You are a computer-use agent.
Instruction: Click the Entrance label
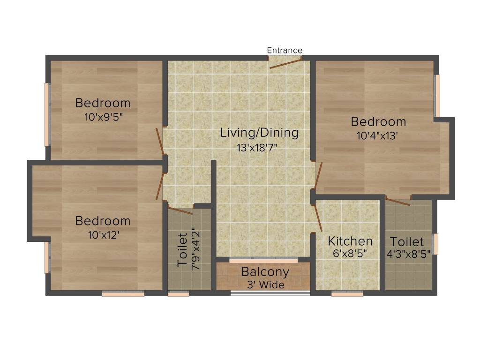(285, 50)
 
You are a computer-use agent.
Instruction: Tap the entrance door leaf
(285, 64)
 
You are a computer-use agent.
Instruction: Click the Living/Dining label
(259, 133)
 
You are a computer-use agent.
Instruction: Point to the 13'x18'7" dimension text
(257, 148)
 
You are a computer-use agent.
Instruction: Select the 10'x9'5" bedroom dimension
(104, 117)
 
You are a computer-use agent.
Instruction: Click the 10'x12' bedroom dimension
(104, 235)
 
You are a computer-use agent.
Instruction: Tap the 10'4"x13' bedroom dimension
(377, 135)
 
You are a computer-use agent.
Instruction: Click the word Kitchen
(350, 241)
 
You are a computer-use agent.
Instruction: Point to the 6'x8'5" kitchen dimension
(350, 254)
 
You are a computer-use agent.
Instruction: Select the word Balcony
(265, 272)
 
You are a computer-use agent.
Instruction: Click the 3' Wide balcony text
(266, 285)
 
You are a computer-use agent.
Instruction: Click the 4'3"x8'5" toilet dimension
(408, 254)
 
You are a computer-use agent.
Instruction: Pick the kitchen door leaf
(317, 217)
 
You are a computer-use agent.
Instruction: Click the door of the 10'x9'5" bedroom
(160, 141)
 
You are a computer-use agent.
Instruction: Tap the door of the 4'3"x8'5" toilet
(397, 202)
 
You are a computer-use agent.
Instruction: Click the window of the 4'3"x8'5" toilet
(435, 244)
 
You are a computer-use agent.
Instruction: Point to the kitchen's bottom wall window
(347, 294)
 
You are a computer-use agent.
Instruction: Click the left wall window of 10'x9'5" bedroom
(47, 114)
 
